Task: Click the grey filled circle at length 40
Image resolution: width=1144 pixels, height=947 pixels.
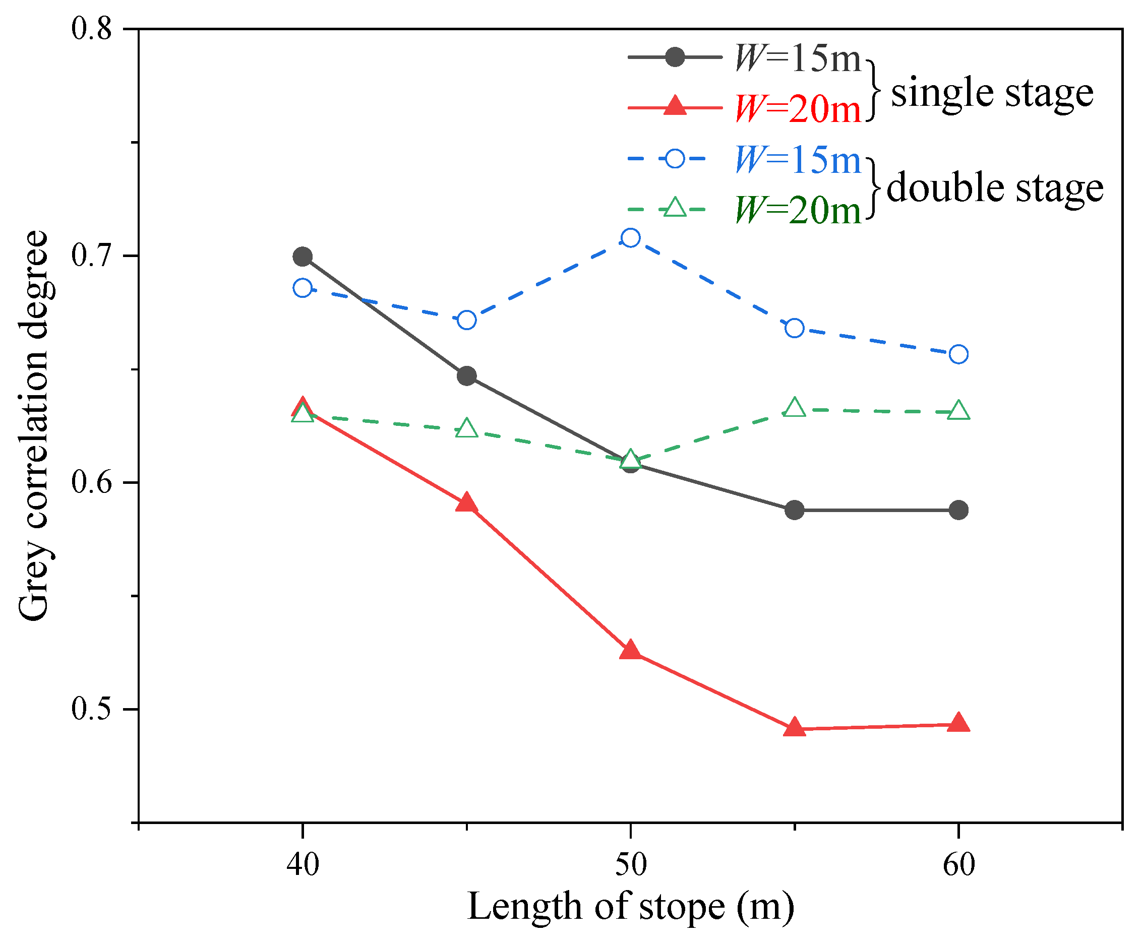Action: tap(303, 257)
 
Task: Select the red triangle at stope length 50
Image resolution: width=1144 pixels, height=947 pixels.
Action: tap(630, 651)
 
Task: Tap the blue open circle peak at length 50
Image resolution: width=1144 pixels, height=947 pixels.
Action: tap(630, 238)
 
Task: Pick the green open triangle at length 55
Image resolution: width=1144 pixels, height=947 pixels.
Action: tap(794, 408)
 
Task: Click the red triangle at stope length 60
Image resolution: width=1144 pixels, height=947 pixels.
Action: tap(958, 723)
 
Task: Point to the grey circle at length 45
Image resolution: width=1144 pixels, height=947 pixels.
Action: tap(466, 376)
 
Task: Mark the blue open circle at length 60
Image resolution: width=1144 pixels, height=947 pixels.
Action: tap(958, 354)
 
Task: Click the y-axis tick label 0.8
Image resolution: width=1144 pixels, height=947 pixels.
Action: tap(92, 28)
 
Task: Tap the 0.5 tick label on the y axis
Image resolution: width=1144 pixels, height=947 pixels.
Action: tap(92, 709)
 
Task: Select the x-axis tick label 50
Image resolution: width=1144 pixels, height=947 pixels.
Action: tap(630, 864)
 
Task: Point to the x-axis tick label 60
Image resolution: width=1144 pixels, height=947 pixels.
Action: tap(958, 864)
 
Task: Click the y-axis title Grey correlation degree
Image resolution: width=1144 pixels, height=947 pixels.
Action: tap(34, 425)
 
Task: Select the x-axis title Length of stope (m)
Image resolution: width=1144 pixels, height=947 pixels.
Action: tap(630, 907)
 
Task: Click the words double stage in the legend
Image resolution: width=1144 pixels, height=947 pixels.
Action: tap(995, 188)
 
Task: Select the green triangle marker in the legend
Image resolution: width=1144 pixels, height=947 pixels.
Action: tap(676, 208)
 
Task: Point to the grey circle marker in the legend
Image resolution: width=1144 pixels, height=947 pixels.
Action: tap(675, 56)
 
